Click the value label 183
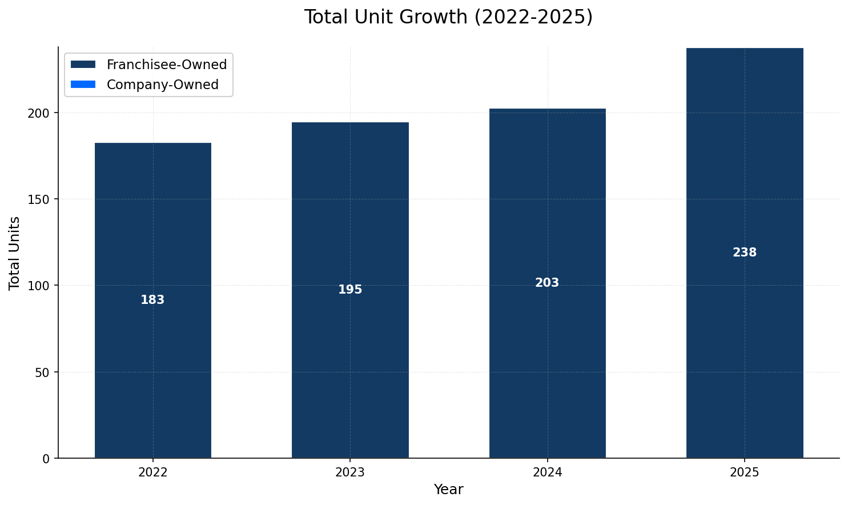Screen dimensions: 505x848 click(152, 300)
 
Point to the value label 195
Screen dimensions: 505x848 click(350, 290)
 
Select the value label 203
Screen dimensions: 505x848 click(547, 283)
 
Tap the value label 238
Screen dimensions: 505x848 click(745, 252)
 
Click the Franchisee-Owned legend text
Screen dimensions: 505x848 click(167, 65)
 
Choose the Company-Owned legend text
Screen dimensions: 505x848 click(163, 85)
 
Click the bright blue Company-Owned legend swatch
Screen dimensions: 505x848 click(83, 85)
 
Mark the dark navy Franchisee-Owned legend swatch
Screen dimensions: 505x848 click(83, 65)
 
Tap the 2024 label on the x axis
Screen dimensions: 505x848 click(547, 472)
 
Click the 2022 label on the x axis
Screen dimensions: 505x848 click(152, 472)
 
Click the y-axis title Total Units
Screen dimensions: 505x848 click(15, 252)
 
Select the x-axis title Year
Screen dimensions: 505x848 click(448, 490)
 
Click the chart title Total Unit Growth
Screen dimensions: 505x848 click(448, 17)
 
